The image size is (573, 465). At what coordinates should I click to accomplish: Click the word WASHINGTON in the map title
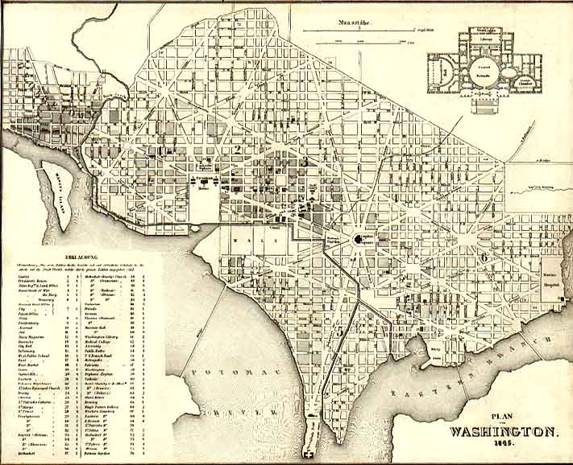pyautogui.click(x=502, y=430)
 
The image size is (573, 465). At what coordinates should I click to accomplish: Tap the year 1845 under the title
pyautogui.click(x=503, y=444)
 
